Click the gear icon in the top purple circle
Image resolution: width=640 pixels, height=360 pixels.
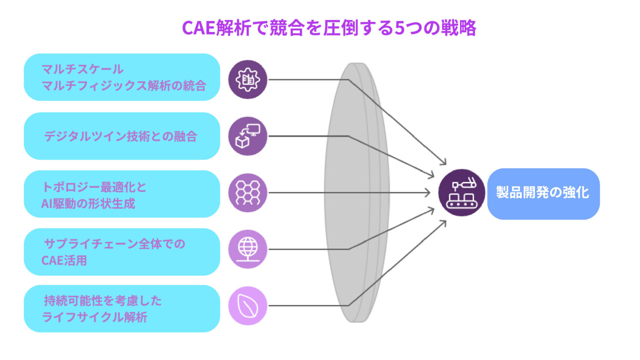[x=247, y=79]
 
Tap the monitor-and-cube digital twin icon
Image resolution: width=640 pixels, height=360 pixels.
[x=247, y=136]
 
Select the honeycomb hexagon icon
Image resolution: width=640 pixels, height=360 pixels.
[x=247, y=192]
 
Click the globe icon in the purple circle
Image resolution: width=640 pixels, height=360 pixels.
[x=247, y=249]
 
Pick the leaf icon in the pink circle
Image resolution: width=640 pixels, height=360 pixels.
[x=247, y=306]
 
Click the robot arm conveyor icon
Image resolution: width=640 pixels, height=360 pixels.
[x=461, y=192]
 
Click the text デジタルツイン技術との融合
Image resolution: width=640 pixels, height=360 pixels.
[x=120, y=136]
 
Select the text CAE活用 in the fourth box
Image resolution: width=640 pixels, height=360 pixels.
[x=64, y=260]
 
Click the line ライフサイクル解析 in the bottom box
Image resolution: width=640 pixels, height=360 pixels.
[x=95, y=317]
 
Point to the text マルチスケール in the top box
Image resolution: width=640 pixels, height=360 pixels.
[x=82, y=69]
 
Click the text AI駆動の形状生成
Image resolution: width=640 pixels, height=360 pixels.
[x=88, y=204]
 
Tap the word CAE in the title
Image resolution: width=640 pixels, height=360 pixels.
[x=199, y=28]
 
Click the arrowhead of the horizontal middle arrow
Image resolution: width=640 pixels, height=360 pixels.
[x=428, y=192]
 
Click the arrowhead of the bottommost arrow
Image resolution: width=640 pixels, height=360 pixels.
[x=444, y=223]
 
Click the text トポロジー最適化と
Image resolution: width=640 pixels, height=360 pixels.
[x=94, y=187]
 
